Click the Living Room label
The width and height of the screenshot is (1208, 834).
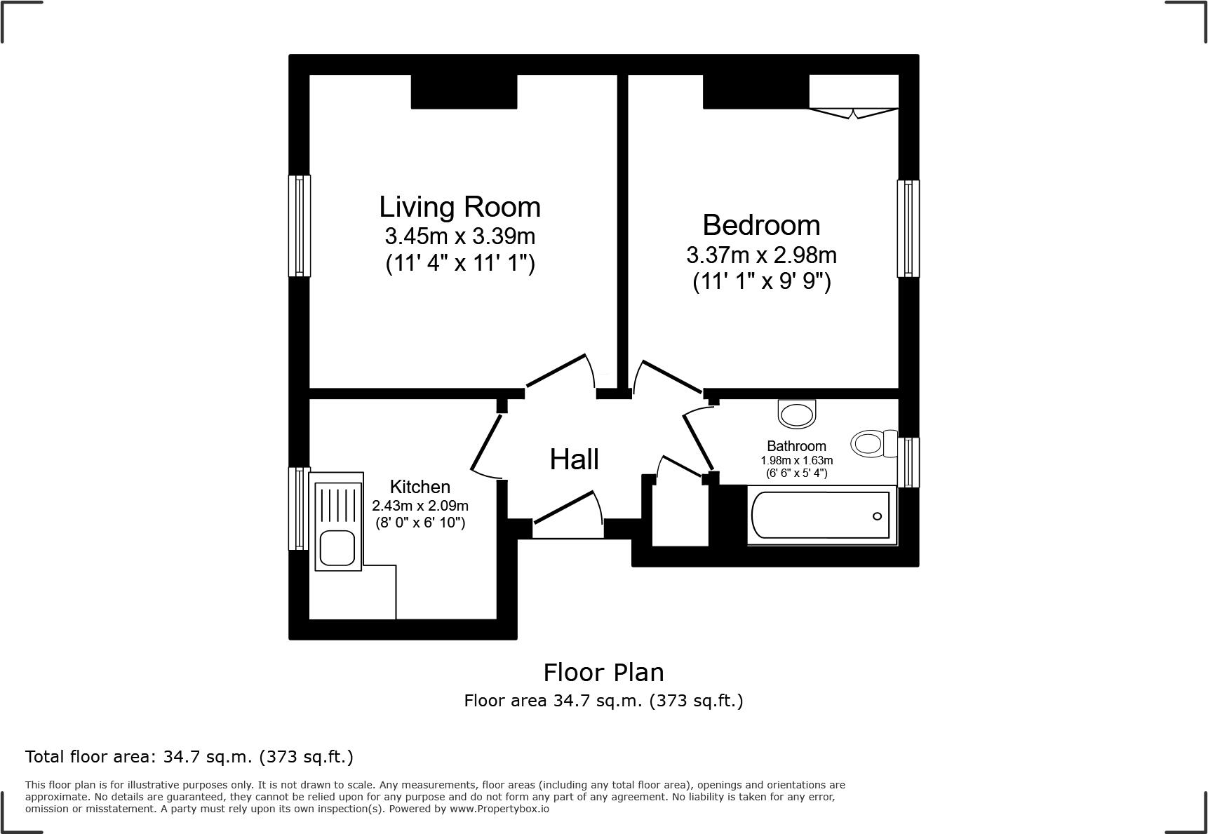(459, 207)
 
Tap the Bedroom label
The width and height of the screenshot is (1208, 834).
(761, 225)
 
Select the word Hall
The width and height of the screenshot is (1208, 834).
(574, 459)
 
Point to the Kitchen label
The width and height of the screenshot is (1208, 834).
(420, 487)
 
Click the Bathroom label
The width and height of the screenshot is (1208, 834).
(796, 446)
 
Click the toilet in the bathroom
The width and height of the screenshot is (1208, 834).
(874, 443)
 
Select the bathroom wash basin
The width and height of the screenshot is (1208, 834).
(798, 413)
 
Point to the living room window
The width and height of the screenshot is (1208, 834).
(300, 225)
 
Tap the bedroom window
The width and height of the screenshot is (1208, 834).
(908, 229)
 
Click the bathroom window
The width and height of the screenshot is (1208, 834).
(908, 462)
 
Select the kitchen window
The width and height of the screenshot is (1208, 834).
(300, 509)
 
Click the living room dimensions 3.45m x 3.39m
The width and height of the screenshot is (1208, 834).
(459, 236)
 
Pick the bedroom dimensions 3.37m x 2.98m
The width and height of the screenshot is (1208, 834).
(761, 254)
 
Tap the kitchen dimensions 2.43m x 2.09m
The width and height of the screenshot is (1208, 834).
(420, 506)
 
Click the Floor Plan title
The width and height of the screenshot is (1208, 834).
(603, 673)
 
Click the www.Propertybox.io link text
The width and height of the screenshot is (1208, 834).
(499, 809)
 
